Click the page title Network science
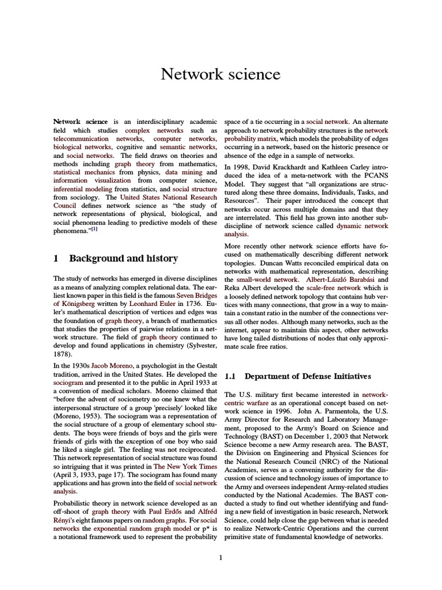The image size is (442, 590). (220, 74)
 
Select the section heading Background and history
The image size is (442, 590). (123, 259)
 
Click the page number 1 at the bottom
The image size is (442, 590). (220, 557)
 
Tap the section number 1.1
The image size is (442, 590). (231, 376)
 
